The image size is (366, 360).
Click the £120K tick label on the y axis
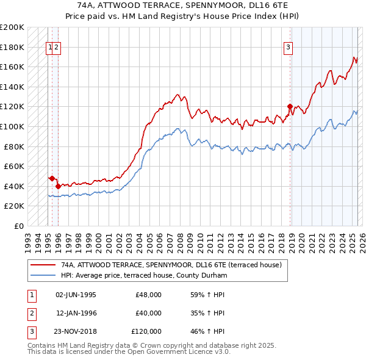12,106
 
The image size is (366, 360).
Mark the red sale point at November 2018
290,106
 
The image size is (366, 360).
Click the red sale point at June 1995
52,178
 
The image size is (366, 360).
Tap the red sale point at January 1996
58,186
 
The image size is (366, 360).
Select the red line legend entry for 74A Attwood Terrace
171,265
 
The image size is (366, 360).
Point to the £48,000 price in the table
148,295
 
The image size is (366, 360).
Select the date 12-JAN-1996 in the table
76,313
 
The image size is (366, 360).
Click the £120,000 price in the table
146,331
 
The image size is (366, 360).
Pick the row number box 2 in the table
31,313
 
